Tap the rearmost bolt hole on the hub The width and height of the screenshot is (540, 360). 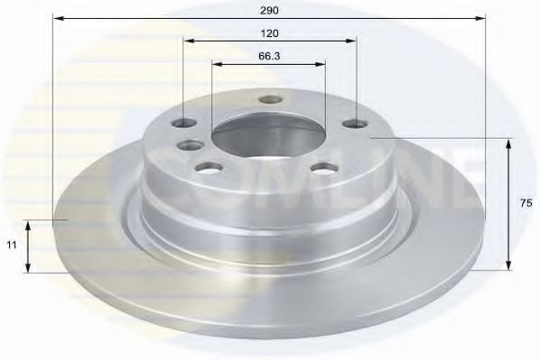click(266, 100)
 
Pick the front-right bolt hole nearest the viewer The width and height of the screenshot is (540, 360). click(322, 167)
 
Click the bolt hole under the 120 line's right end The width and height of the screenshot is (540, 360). click(354, 124)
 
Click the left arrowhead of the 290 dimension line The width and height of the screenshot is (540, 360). click(56, 17)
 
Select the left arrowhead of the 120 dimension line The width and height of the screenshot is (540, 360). click(187, 41)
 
